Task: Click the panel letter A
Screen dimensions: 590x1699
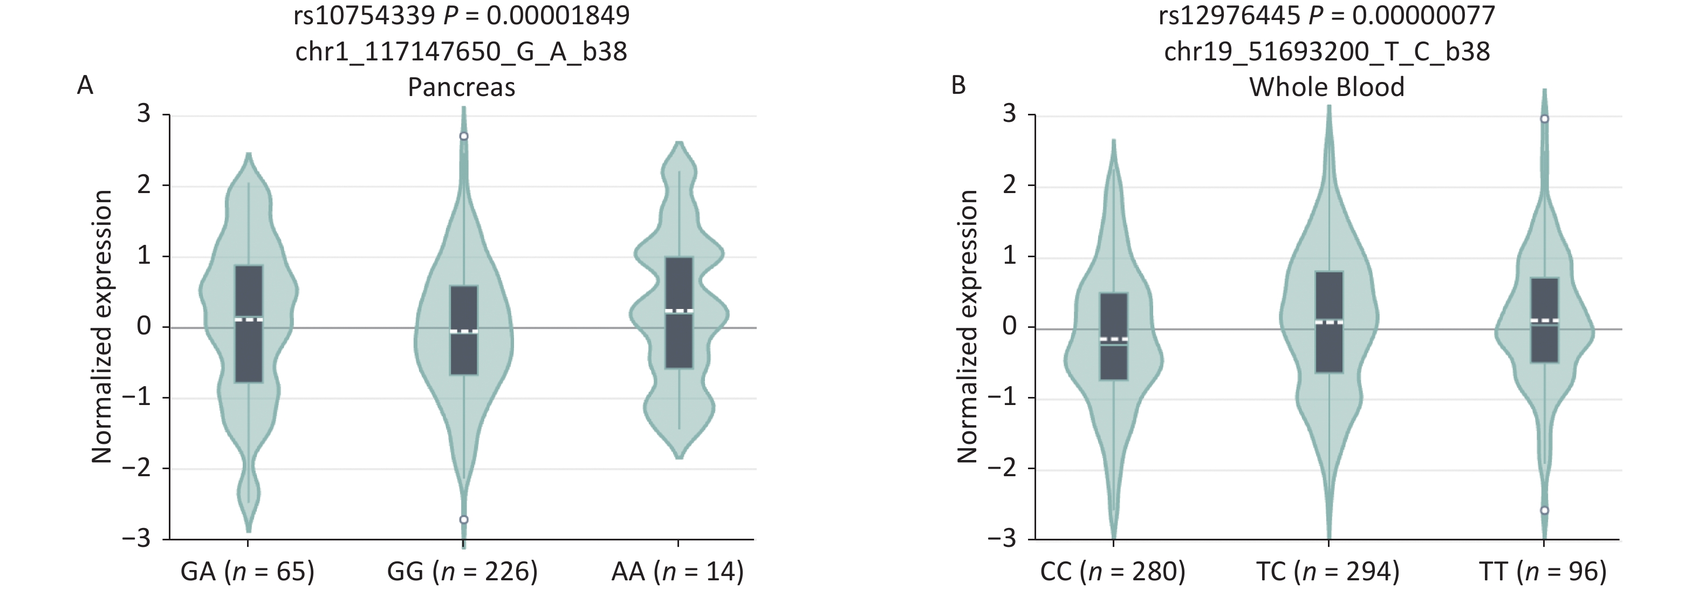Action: coord(85,86)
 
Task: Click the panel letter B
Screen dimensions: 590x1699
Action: coord(958,86)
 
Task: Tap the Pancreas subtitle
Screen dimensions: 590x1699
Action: coord(461,87)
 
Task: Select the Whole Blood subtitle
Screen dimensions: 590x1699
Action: coord(1326,87)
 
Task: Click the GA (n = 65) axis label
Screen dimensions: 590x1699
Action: coord(248,571)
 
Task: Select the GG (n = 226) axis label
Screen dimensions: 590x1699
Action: coord(462,571)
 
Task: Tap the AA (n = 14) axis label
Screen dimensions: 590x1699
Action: coord(677,571)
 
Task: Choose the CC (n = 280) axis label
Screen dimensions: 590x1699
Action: coord(1113,571)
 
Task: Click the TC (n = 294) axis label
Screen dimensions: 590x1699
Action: coord(1328,571)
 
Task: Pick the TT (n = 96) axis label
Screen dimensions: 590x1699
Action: coord(1543,571)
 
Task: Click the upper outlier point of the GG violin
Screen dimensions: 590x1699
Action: coord(464,136)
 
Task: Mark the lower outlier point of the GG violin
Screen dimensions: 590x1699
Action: coord(464,519)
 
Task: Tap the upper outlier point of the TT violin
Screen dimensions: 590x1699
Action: coord(1544,119)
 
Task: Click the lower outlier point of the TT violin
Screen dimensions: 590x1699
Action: coord(1544,510)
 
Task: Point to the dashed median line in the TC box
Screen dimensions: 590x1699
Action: coord(1328,323)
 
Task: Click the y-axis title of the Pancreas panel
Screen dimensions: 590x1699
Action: coord(102,326)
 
